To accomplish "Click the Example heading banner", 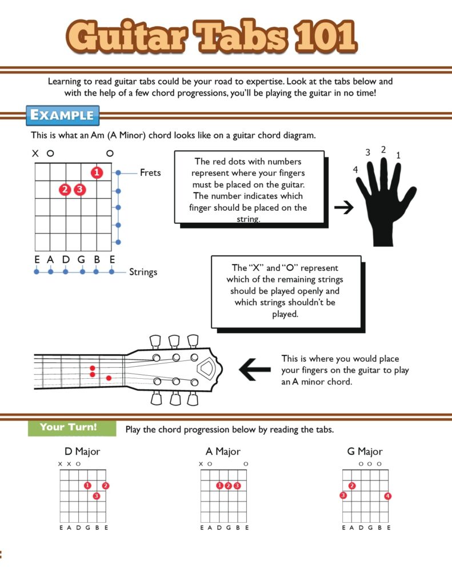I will tap(62, 115).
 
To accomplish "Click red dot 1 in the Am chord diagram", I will tap(97, 172).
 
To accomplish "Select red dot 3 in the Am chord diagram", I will tap(79, 189).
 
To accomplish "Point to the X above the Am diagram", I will tap(35, 154).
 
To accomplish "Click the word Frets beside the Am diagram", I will tap(150, 172).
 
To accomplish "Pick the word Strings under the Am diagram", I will tap(143, 272).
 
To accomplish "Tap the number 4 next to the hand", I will tap(356, 170).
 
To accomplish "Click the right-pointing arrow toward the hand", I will tap(343, 208).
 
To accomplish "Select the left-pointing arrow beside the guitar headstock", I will tap(254, 370).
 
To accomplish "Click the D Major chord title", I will tap(82, 451).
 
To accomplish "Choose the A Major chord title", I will tap(223, 451).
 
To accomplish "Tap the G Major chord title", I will tap(365, 451).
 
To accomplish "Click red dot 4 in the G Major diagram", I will tap(388, 496).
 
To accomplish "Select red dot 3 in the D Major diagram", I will tap(96, 496).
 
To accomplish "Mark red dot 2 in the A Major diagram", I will tap(228, 486).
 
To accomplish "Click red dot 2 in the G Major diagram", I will tap(352, 486).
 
